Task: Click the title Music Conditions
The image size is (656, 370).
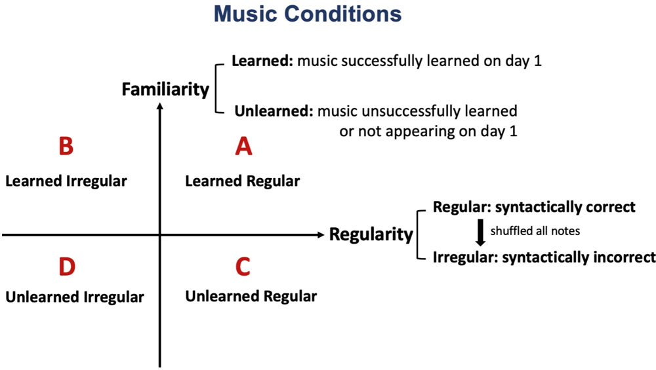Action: coord(308,14)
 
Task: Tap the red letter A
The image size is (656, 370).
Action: coord(243,146)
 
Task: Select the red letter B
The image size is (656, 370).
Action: coord(66,146)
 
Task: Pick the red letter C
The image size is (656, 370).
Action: coord(243,267)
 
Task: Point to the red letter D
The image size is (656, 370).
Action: coord(67,267)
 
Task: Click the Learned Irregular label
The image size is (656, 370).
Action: coord(66,181)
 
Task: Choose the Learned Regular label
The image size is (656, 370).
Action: coord(243,181)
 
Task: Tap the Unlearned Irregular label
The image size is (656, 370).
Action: coord(75,297)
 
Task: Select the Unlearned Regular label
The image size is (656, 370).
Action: coord(251,297)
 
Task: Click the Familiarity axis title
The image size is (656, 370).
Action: coord(166,89)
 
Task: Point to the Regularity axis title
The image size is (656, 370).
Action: coord(371,234)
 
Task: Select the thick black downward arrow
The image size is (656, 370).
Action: coord(480,232)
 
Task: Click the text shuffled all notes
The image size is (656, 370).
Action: coord(535,231)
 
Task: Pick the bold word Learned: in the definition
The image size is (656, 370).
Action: coord(263,61)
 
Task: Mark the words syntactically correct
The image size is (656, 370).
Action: coord(565,207)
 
